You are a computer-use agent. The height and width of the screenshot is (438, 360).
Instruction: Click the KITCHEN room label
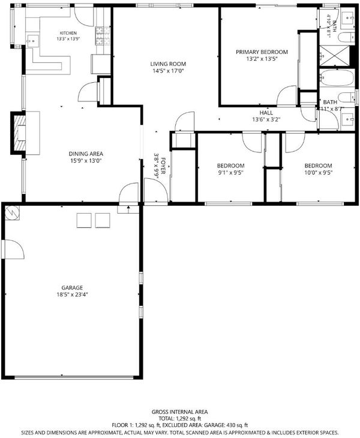tap(68, 33)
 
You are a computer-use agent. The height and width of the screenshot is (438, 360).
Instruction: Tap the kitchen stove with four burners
tap(103, 36)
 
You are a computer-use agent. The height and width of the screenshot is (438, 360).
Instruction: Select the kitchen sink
tap(33, 41)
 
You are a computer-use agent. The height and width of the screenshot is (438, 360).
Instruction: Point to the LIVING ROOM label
tap(168, 64)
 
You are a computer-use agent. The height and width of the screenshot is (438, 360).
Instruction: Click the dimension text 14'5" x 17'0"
tap(168, 71)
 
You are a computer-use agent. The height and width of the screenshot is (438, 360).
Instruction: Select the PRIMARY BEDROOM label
tap(262, 52)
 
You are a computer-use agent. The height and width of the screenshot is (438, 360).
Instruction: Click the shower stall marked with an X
tap(334, 56)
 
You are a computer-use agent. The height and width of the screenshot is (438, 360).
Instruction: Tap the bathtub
tap(337, 77)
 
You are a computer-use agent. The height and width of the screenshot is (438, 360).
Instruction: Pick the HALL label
tap(266, 113)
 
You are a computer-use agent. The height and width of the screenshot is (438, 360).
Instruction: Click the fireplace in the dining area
tap(19, 133)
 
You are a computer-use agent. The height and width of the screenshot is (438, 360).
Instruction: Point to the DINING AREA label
tap(86, 154)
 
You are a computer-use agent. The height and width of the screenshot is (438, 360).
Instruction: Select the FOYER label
tap(163, 166)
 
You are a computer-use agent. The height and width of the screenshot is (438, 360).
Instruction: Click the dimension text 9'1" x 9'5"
tap(230, 173)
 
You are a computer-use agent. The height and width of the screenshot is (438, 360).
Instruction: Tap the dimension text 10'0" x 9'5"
tap(318, 173)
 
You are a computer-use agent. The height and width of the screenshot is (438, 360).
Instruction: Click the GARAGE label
tap(72, 288)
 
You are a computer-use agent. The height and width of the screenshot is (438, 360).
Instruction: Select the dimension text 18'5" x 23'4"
tap(72, 295)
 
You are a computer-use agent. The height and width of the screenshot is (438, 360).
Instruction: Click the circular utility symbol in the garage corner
tap(13, 213)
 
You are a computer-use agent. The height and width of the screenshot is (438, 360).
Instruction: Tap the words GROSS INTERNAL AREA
tap(179, 412)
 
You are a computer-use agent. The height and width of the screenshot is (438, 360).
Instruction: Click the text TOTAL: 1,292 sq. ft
tap(179, 418)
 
